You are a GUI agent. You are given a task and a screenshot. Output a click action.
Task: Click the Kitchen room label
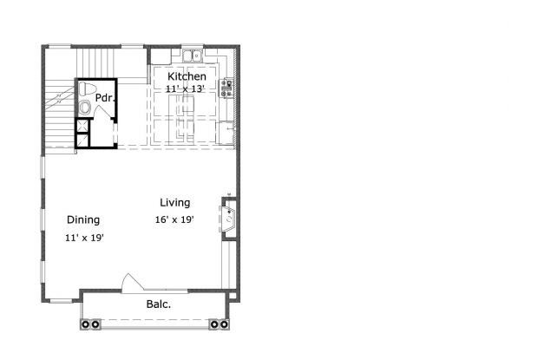click(187, 76)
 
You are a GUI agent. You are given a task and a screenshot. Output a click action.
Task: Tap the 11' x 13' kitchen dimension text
click(187, 88)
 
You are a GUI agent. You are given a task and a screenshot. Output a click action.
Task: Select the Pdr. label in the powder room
click(105, 97)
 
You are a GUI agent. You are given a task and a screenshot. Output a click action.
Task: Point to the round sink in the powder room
click(84, 108)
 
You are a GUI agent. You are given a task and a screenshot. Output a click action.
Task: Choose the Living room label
click(174, 202)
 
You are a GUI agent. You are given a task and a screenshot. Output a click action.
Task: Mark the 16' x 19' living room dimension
click(174, 219)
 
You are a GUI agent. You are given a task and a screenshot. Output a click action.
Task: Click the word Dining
click(83, 219)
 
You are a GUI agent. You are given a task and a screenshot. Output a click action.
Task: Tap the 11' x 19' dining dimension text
click(84, 237)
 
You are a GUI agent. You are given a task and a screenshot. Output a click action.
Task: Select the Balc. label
click(157, 304)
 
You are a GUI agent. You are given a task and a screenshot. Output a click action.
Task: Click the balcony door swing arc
click(129, 281)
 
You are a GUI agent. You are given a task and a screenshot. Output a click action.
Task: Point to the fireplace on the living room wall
click(230, 217)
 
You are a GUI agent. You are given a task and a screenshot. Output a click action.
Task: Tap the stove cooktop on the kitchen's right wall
click(228, 85)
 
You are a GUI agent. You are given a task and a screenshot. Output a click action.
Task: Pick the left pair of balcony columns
click(89, 324)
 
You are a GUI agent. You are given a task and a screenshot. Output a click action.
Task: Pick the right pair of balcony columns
click(220, 324)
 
